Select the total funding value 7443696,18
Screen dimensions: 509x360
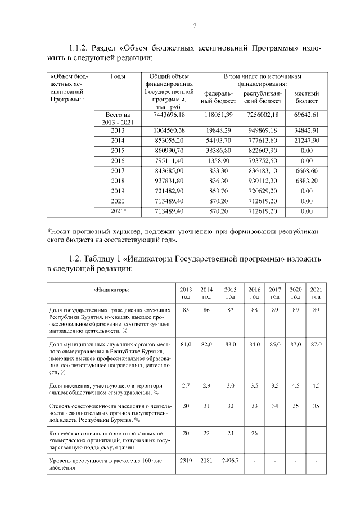(169, 115)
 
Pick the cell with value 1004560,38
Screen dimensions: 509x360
(169, 130)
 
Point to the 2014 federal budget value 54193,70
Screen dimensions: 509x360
(218, 141)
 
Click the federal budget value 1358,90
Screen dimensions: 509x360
(218, 161)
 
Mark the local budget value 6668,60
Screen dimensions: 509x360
(307, 171)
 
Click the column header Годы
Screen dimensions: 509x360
(118, 76)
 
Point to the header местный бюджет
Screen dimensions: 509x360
(307, 97)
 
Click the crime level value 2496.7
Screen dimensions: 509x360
(230, 461)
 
